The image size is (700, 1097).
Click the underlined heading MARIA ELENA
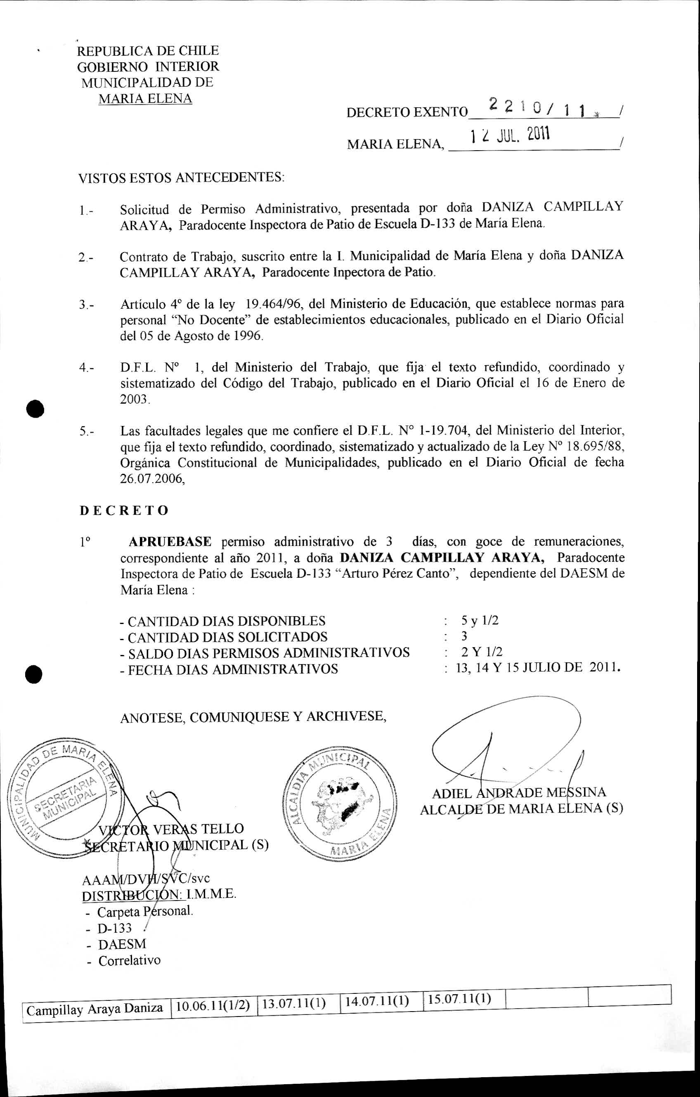click(x=145, y=99)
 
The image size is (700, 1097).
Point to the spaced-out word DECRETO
click(x=124, y=510)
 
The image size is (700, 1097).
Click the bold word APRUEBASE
click(x=170, y=541)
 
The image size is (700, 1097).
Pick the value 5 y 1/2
click(x=480, y=620)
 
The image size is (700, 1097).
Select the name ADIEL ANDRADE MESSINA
click(x=519, y=793)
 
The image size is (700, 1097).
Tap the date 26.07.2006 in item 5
click(x=152, y=479)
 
